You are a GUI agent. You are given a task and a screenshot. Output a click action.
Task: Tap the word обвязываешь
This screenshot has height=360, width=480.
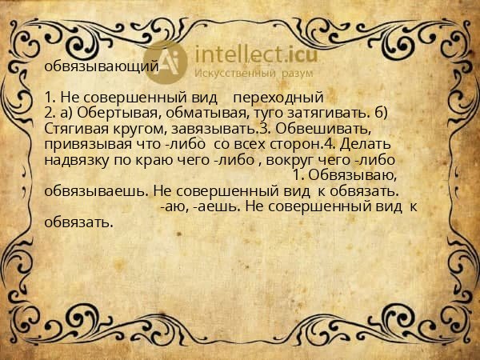[x=97, y=191]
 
